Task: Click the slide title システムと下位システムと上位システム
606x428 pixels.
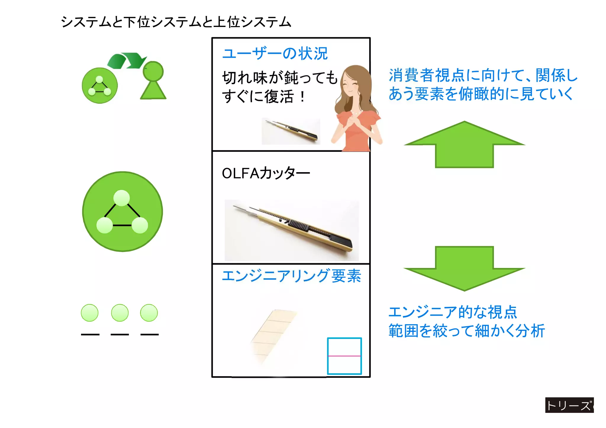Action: [176, 22]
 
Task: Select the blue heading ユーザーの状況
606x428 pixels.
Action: [275, 54]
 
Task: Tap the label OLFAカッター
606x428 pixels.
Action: [265, 173]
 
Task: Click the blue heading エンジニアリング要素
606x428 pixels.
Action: [291, 276]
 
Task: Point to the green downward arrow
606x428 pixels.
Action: [464, 268]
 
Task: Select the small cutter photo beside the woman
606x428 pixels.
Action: [291, 131]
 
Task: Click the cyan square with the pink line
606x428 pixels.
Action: [344, 356]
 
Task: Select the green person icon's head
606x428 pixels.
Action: [153, 71]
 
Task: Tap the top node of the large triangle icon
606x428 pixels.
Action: [122, 198]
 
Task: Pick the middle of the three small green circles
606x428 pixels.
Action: [120, 313]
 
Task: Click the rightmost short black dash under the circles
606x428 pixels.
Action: [149, 335]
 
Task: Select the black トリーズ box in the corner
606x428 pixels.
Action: [569, 405]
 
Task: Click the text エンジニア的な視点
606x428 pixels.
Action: [452, 312]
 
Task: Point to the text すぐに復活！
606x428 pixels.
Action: [263, 96]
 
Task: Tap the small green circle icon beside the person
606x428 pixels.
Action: [100, 85]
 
